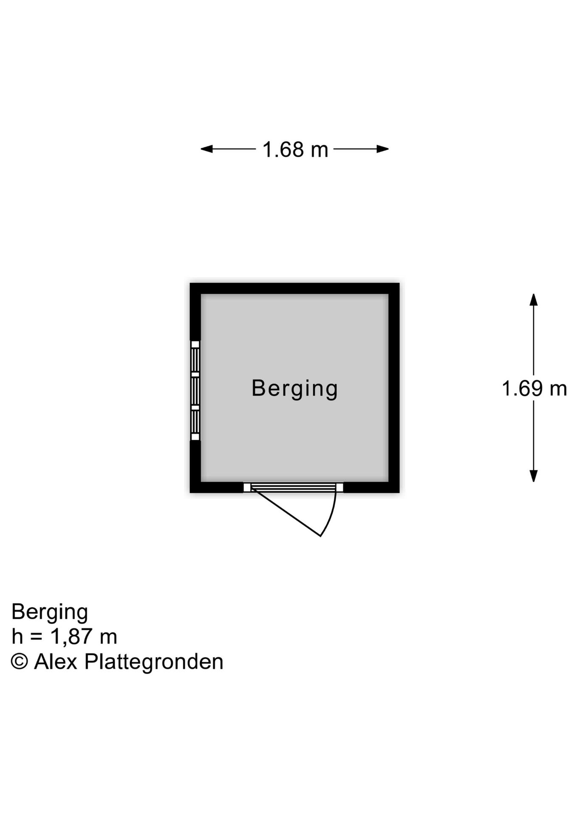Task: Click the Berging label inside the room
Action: click(x=294, y=388)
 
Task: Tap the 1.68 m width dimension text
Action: click(x=295, y=149)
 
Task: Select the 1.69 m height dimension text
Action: click(x=534, y=388)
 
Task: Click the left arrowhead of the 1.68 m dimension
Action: click(x=206, y=149)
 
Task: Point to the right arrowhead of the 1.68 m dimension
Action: click(x=383, y=149)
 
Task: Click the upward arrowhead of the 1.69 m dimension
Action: click(x=534, y=299)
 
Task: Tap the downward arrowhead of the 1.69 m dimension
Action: click(x=534, y=476)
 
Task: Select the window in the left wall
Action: click(x=195, y=391)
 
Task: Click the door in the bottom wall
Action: click(x=293, y=487)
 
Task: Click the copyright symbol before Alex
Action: click(x=19, y=661)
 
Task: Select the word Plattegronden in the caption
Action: click(x=154, y=662)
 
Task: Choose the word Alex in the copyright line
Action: click(x=56, y=661)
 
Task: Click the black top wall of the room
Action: click(x=294, y=288)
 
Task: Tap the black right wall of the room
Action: click(x=394, y=388)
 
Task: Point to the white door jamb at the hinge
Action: click(x=247, y=487)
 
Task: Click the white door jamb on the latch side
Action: click(x=339, y=487)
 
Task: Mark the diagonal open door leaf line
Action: click(x=286, y=512)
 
